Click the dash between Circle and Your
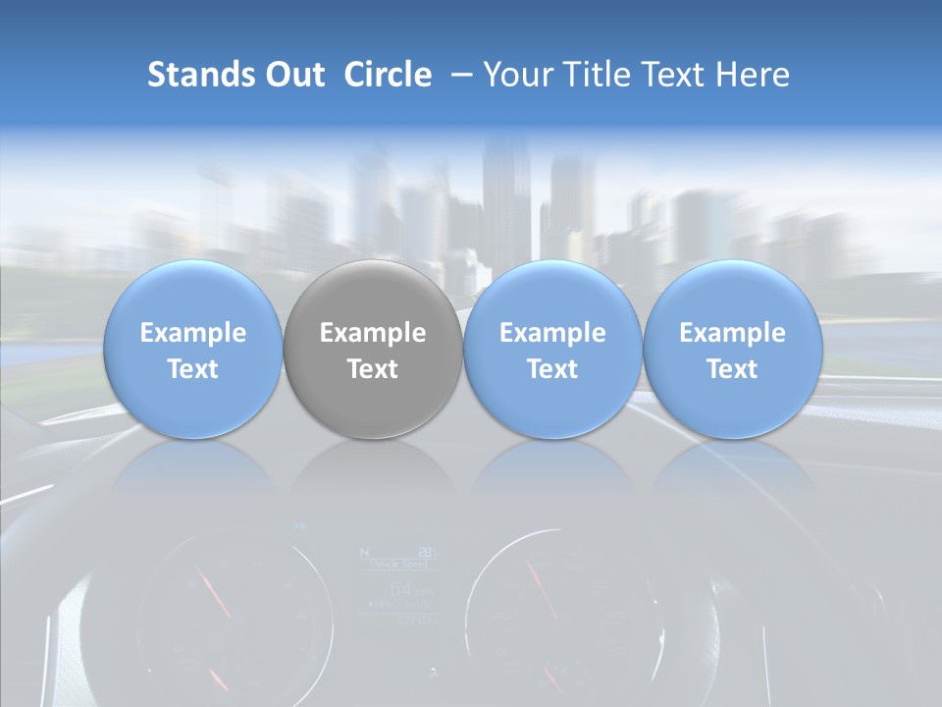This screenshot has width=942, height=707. click(457, 75)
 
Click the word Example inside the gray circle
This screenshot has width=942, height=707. click(373, 333)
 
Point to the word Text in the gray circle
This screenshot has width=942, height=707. click(373, 369)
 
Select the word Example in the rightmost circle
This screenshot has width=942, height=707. click(732, 333)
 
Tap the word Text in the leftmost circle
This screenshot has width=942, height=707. click(192, 369)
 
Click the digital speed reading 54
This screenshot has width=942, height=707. click(400, 589)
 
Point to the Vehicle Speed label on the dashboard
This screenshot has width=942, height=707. click(398, 565)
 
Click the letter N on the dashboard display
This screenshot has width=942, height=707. click(367, 552)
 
